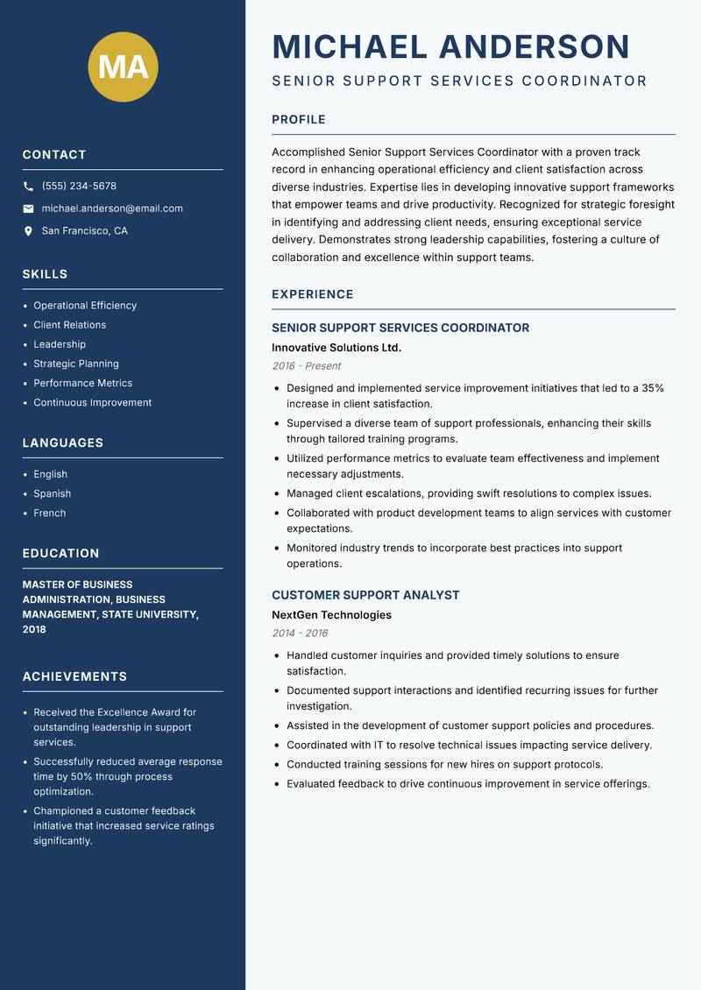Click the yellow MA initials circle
point(124,67)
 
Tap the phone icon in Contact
point(28,187)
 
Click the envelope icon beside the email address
point(28,209)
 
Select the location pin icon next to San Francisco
point(28,231)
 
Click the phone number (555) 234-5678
point(79,187)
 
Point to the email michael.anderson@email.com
point(112,209)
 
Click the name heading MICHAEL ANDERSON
point(450,46)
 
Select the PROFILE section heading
point(298,120)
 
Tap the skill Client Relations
point(69,325)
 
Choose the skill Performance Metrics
point(82,383)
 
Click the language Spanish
point(52,493)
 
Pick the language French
point(49,513)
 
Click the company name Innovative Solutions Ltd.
point(336,348)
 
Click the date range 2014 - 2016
point(300,633)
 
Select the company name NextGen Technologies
point(331,615)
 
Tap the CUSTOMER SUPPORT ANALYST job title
point(365,595)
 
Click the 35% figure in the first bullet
point(652,388)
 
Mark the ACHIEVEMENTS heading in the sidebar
point(74,676)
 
